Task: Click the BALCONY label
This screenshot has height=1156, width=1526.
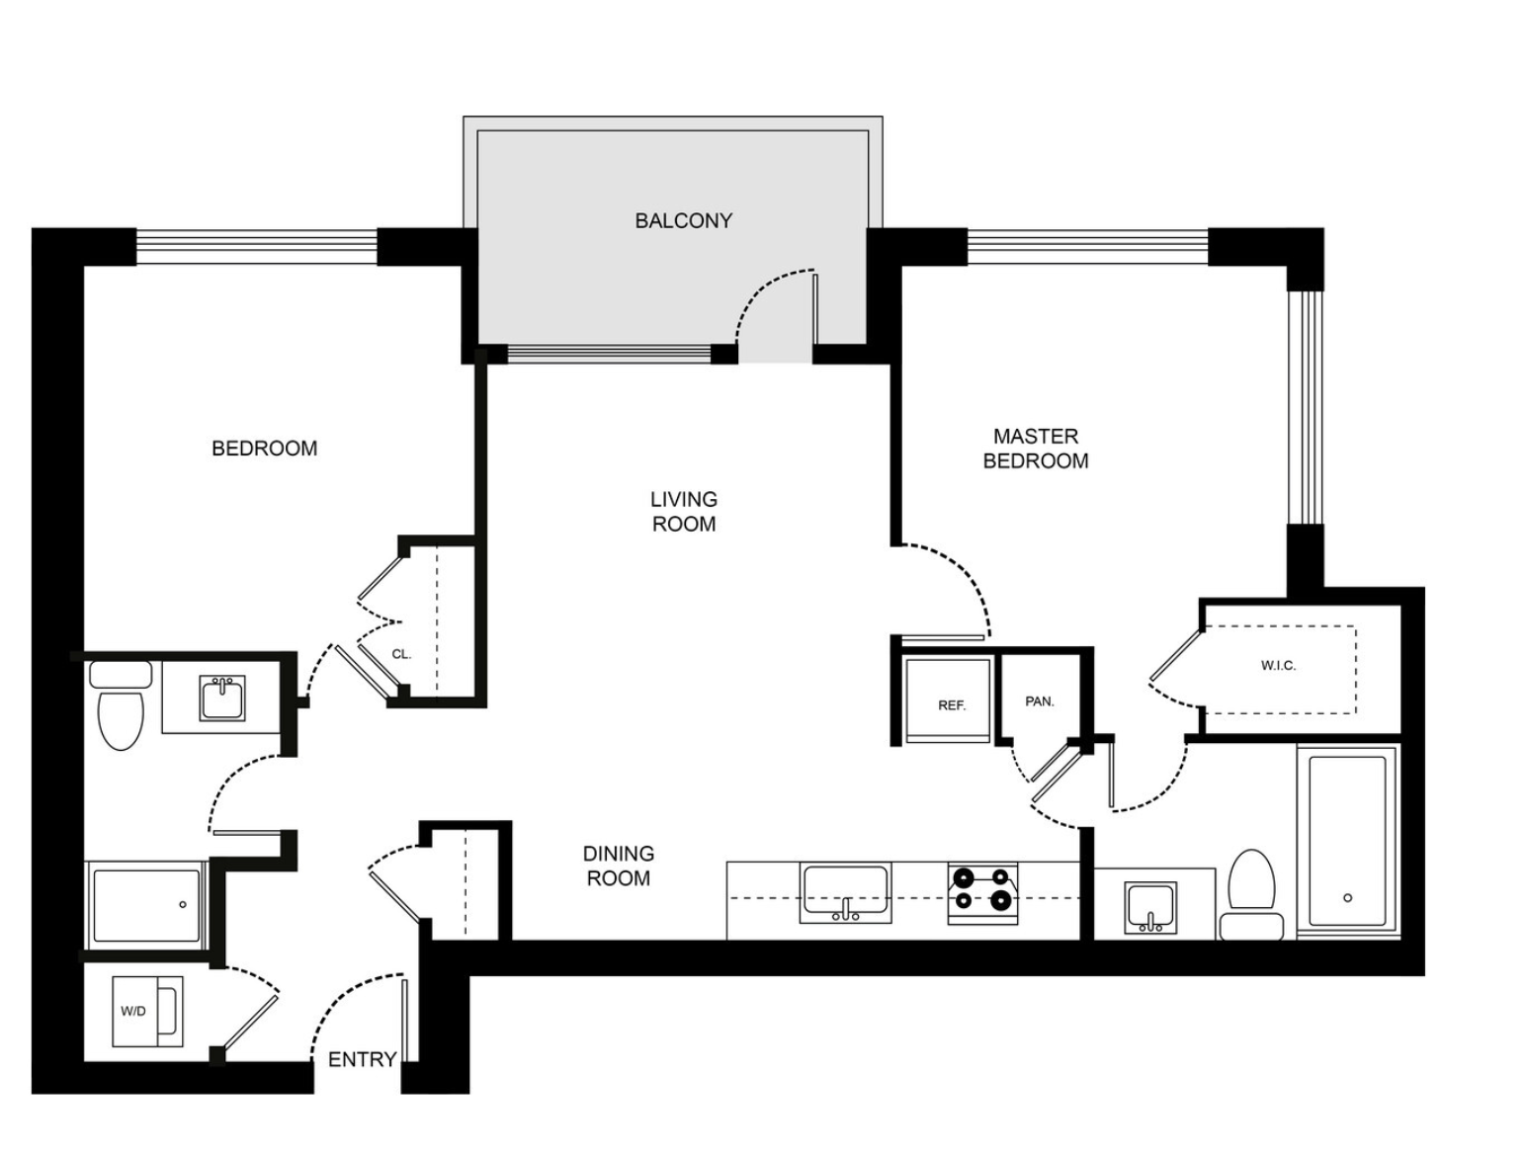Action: [x=683, y=221]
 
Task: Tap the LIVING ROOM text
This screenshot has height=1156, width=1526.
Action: [x=683, y=512]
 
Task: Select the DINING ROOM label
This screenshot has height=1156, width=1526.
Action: [x=618, y=866]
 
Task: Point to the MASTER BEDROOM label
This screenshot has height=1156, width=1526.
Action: [x=1035, y=449]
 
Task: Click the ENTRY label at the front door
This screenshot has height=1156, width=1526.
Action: [x=362, y=1059]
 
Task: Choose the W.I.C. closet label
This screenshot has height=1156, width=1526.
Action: [x=1278, y=666]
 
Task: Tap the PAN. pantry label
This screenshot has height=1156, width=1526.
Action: [x=1040, y=702]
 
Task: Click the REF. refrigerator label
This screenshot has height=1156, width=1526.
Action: [x=952, y=705]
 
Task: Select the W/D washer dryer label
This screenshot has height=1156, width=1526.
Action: [x=132, y=1012]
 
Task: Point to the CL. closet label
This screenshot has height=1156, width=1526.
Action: [x=401, y=654]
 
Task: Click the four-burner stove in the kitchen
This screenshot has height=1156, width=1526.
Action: [x=982, y=893]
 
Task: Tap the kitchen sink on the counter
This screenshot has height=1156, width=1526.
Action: [x=845, y=893]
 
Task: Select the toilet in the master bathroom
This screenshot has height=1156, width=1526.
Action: [x=1251, y=895]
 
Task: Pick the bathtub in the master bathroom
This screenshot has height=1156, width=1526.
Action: [x=1347, y=841]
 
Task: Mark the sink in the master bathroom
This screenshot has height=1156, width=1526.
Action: [x=1150, y=908]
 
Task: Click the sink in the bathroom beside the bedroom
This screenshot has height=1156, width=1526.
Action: [x=222, y=699]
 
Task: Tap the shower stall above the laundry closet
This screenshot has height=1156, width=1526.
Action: [x=146, y=905]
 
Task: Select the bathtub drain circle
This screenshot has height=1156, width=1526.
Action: [x=1348, y=898]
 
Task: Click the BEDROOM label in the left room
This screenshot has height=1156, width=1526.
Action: [x=264, y=449]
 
